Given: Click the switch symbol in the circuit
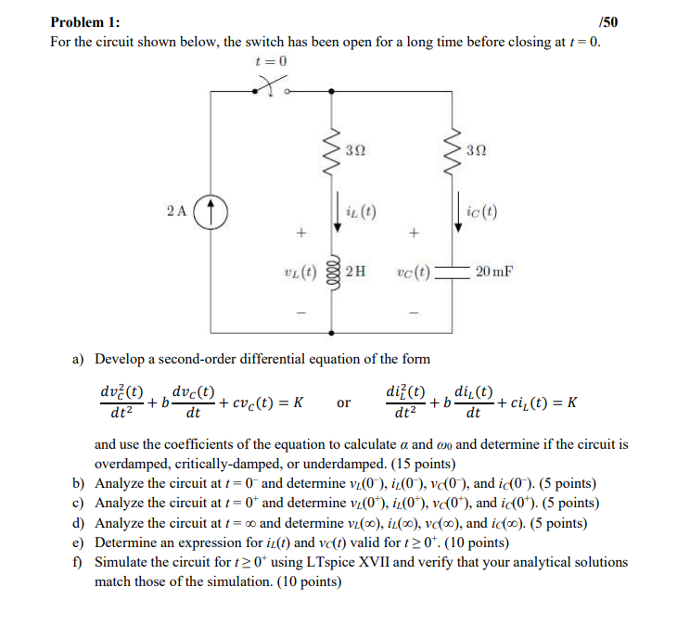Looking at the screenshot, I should click(x=272, y=89).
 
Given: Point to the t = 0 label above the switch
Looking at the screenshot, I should click(x=272, y=60).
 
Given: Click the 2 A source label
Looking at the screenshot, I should click(x=179, y=210).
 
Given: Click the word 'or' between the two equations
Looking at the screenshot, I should click(x=344, y=402).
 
